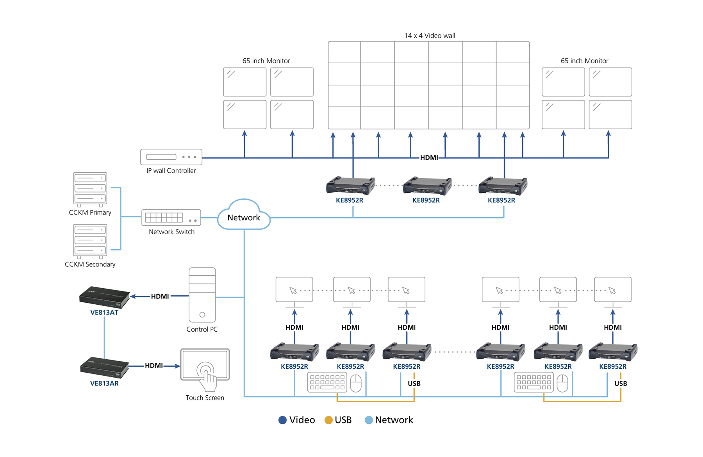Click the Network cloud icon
tap(244, 216)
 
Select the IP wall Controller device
tap(171, 157)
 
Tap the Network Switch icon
tap(171, 218)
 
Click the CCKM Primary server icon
tap(90, 189)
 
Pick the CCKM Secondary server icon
tap(90, 241)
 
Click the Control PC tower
tap(202, 295)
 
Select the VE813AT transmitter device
tap(104, 297)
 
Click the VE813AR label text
tap(104, 383)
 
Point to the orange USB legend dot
tap(328, 420)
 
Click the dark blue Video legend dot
tap(282, 420)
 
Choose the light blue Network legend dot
tap(368, 420)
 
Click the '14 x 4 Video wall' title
tap(430, 36)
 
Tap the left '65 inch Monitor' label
tap(266, 61)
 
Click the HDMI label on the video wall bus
tap(429, 157)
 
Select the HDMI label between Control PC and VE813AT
tap(160, 296)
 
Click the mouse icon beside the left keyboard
tap(356, 383)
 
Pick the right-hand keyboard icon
tap(533, 382)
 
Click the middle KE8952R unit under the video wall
tap(427, 186)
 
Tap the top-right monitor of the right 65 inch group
tap(610, 82)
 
